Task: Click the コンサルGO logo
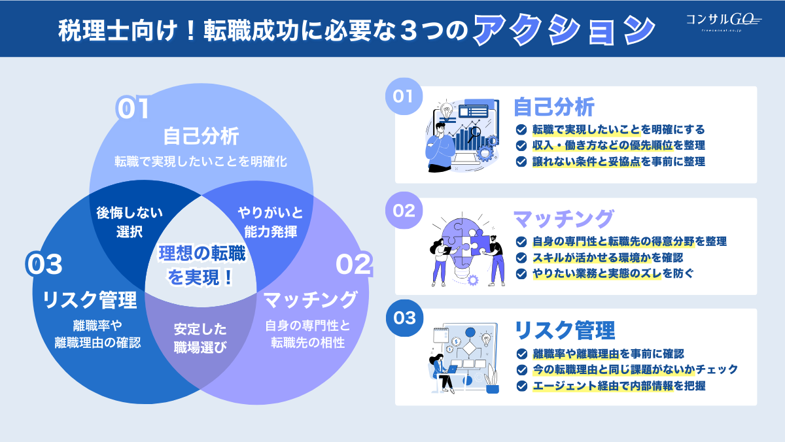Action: (723, 22)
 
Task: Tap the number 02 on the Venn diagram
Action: (353, 265)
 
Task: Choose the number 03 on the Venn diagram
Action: (44, 265)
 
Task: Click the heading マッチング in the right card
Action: (563, 218)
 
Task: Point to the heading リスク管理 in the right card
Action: (565, 330)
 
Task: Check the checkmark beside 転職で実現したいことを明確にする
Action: (521, 129)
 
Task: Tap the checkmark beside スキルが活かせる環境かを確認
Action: (521, 258)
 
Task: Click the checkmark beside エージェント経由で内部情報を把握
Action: (521, 386)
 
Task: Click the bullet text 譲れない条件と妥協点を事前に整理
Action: (619, 161)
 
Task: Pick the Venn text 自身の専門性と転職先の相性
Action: (307, 333)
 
